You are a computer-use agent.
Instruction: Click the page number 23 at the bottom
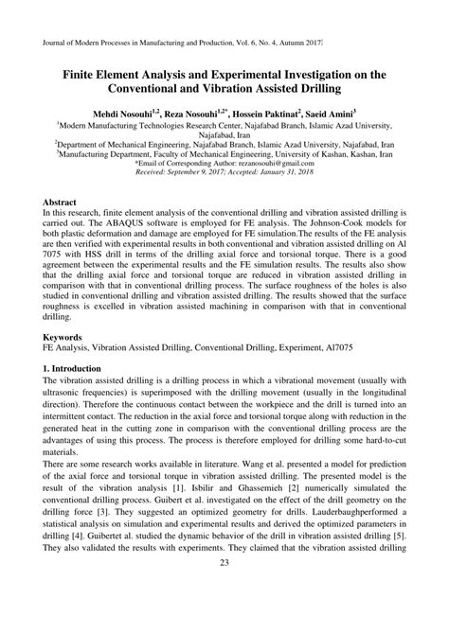(224, 617)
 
